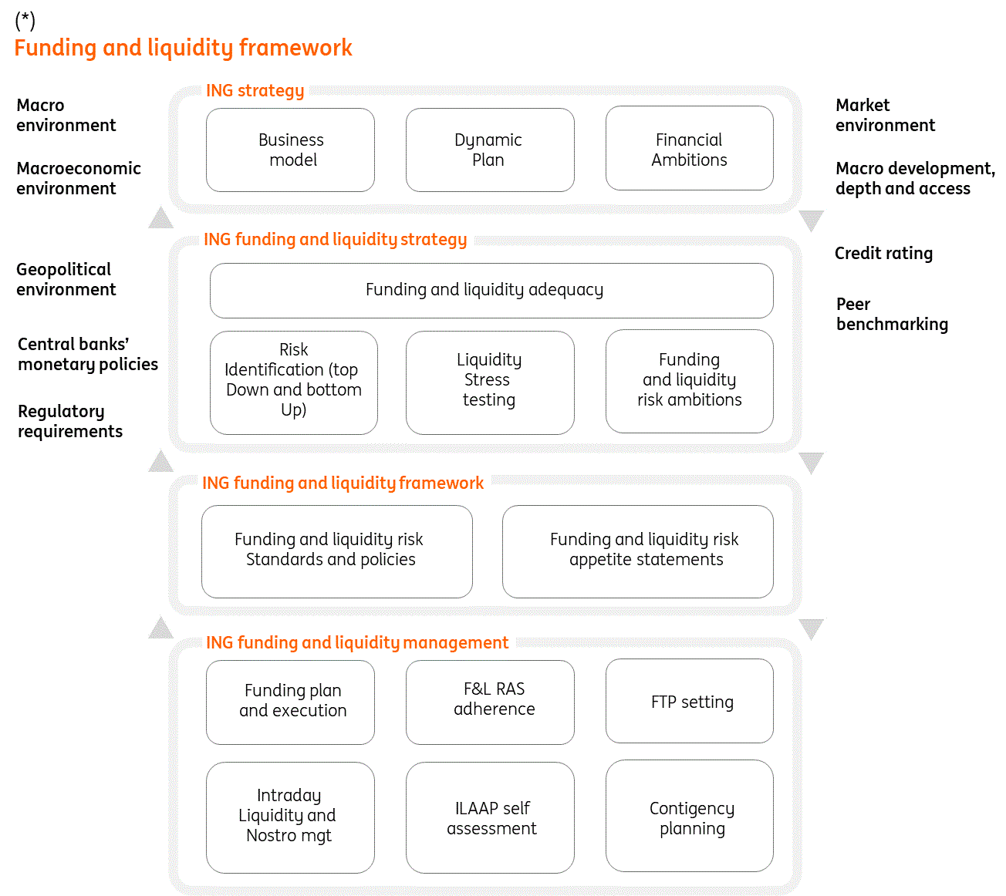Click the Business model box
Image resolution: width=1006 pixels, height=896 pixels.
click(290, 150)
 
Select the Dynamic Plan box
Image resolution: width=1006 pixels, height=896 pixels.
click(490, 150)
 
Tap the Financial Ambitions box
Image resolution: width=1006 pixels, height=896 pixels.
click(689, 149)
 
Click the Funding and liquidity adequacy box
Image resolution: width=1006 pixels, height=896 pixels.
click(491, 290)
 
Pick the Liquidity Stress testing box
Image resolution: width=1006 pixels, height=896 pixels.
click(490, 382)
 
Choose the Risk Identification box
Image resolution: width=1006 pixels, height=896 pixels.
click(293, 382)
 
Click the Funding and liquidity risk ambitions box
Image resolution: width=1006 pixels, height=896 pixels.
click(689, 381)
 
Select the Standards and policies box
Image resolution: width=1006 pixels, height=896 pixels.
click(336, 551)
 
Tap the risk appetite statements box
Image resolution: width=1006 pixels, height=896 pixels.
click(637, 551)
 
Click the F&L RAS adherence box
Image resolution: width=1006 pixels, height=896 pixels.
click(490, 702)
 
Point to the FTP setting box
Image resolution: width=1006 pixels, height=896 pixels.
click(689, 701)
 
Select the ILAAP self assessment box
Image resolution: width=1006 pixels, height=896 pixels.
click(490, 817)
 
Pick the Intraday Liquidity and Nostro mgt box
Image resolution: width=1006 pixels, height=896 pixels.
click(290, 817)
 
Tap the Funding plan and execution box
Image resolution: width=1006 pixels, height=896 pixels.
click(290, 702)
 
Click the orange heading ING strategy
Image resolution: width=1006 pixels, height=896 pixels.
click(255, 91)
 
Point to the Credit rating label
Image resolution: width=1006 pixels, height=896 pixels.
click(883, 254)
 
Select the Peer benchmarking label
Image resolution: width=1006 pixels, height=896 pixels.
click(892, 315)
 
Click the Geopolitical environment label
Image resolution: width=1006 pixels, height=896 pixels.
click(66, 279)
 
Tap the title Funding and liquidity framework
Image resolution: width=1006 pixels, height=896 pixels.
click(183, 48)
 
